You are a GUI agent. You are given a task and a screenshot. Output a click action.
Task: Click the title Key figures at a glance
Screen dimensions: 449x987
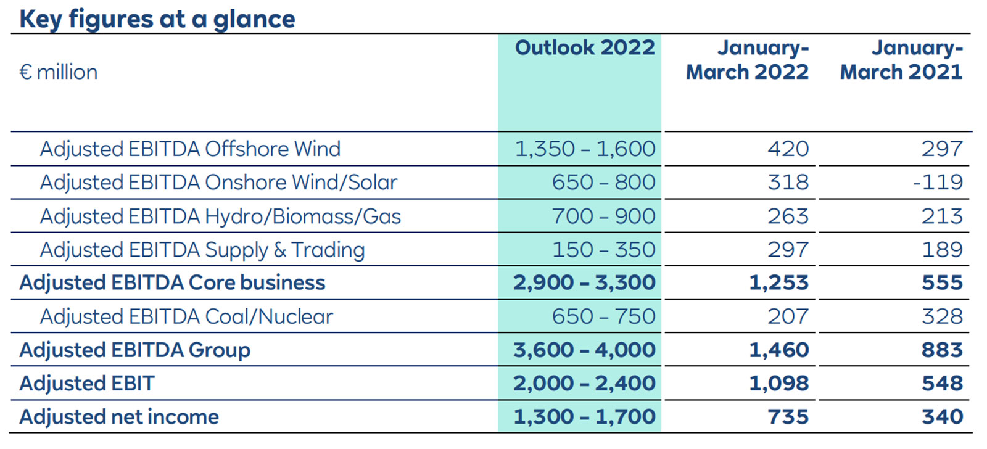(157, 19)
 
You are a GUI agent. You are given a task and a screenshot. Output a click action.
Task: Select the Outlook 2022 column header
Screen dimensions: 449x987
(584, 47)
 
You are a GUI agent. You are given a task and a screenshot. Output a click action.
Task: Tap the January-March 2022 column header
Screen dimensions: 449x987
(747, 60)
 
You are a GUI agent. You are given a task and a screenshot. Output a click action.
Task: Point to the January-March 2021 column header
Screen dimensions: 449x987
(901, 60)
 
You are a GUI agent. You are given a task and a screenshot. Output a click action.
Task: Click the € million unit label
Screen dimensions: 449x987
(59, 72)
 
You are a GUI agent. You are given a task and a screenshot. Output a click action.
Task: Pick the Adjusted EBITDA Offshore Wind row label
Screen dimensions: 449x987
(190, 149)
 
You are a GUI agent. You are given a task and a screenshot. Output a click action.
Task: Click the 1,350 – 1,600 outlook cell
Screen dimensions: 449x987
(584, 149)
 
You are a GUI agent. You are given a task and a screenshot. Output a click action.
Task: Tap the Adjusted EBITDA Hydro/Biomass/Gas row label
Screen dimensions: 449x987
(220, 216)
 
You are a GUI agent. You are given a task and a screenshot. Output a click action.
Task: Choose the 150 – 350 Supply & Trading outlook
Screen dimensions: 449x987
(603, 249)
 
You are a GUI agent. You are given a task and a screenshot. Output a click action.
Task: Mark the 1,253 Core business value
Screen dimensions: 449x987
(778, 282)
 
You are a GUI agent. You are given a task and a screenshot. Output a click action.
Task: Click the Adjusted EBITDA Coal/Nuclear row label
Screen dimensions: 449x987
(186, 316)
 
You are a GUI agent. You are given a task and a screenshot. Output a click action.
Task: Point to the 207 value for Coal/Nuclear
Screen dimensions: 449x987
(788, 316)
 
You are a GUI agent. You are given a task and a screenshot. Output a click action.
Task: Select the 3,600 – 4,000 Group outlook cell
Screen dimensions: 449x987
(584, 350)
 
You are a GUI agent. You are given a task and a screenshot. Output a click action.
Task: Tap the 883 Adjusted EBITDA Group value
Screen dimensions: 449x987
(942, 350)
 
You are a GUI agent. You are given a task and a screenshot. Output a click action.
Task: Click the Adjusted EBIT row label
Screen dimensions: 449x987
(87, 383)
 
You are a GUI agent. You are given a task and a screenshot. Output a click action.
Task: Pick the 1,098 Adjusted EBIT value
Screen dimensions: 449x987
(778, 383)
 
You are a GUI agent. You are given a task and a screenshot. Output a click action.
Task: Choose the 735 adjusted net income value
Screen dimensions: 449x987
(788, 416)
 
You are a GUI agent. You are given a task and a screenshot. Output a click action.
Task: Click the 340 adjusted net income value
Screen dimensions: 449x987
(942, 416)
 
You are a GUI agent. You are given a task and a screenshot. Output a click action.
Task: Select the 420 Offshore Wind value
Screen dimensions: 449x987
(788, 149)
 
